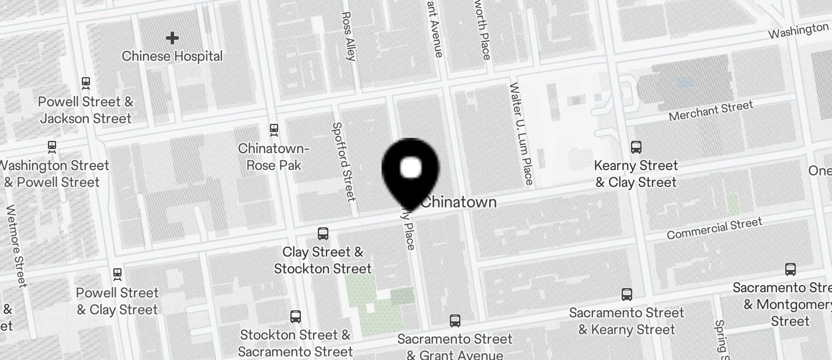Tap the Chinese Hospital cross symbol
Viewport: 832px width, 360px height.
172,39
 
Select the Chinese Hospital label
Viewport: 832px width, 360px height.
172,56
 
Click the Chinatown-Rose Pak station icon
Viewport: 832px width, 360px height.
273,129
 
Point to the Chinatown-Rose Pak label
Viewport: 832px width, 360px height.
273,157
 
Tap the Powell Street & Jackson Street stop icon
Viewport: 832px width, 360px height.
86,83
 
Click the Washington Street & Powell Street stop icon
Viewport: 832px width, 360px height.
52,146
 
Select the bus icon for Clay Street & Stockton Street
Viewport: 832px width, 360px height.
323,234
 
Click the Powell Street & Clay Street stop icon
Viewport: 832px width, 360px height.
117,274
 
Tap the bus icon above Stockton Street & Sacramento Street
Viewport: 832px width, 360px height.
296,317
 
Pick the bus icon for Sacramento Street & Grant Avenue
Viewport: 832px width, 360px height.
455,320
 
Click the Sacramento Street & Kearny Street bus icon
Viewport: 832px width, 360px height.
627,294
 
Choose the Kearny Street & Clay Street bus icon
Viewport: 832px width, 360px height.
636,147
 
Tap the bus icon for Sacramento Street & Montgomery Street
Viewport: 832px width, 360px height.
791,269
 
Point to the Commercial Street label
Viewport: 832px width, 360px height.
714,228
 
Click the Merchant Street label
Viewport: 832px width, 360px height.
710,111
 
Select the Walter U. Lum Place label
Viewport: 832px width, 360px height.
521,134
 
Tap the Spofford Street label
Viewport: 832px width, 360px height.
344,161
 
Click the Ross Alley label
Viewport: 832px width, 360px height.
348,36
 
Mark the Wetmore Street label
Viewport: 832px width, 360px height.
16,246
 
